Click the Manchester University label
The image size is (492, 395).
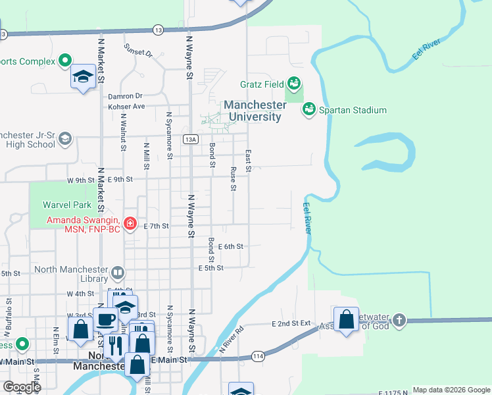pyautogui.click(x=253, y=111)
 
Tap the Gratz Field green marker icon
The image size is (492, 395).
pyautogui.click(x=294, y=84)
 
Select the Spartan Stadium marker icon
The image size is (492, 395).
pyautogui.click(x=308, y=110)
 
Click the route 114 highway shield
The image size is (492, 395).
pyautogui.click(x=257, y=355)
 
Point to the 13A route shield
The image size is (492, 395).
pyautogui.click(x=191, y=139)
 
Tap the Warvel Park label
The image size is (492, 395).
pyautogui.click(x=67, y=205)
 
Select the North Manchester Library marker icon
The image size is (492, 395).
pyautogui.click(x=118, y=272)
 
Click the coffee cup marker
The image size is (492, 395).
pyautogui.click(x=105, y=320)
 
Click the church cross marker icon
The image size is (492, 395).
pyautogui.click(x=398, y=321)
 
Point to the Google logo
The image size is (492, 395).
pyautogui.click(x=21, y=386)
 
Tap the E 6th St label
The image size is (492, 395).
pyautogui.click(x=231, y=246)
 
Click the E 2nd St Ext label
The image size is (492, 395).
pyautogui.click(x=291, y=324)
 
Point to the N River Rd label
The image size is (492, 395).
pyautogui.click(x=232, y=338)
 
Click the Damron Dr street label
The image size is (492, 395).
pyautogui.click(x=125, y=95)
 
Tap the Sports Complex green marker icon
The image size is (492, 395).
pyautogui.click(x=64, y=62)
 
